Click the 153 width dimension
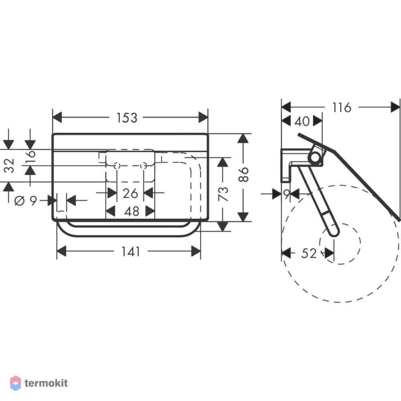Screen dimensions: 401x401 coord(127,118)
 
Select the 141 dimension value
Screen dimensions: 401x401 coord(131,252)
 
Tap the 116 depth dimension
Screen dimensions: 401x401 coord(341,107)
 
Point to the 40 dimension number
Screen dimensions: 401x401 coord(302,121)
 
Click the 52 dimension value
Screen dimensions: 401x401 coord(309,253)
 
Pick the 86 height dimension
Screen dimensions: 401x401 coord(243,174)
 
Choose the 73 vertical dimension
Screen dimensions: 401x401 coord(223,194)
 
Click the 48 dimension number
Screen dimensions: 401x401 coord(132,211)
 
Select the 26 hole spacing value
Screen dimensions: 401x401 coord(130,193)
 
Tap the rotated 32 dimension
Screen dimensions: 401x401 coord(9,166)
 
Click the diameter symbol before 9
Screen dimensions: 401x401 coord(19,201)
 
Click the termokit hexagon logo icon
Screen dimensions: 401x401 coord(15,383)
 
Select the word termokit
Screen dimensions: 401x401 coord(46,383)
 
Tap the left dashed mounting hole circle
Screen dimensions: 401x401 coord(117,166)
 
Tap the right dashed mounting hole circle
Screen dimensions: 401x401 coord(144,166)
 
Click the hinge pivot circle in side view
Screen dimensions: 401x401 coord(316,157)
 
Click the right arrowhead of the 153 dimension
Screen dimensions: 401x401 coord(203,117)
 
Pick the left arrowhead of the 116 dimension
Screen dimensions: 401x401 coord(286,107)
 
